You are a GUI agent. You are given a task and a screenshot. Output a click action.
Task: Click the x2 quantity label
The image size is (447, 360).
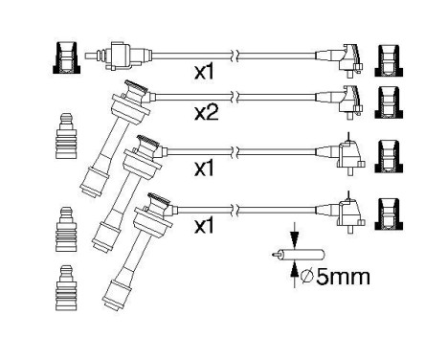[208, 114]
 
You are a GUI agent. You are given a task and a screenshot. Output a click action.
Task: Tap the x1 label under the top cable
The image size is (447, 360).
[206, 73]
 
